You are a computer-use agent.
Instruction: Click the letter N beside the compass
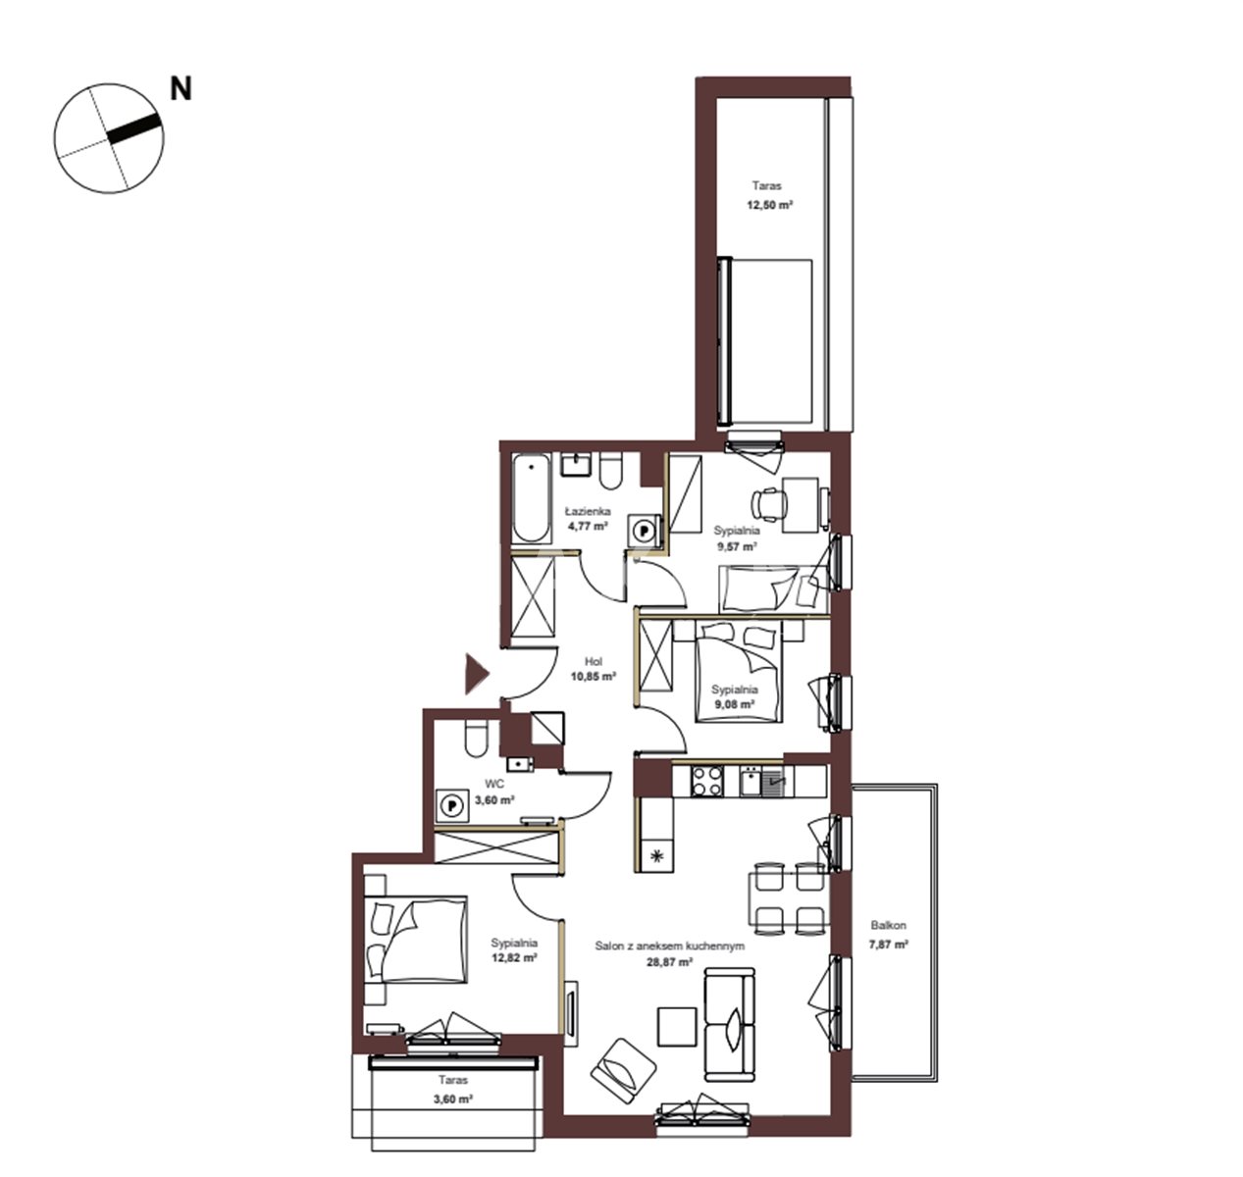(181, 89)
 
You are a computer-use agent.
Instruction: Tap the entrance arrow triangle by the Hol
(477, 674)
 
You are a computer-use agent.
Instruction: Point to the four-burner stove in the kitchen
(707, 781)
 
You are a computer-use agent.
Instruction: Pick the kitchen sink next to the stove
(751, 781)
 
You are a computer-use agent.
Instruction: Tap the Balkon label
(888, 926)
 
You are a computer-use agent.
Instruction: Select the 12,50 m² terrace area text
(770, 205)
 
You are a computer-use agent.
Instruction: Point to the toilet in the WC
(476, 738)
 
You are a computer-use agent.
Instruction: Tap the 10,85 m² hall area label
(594, 676)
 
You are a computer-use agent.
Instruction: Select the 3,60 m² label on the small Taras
(453, 1099)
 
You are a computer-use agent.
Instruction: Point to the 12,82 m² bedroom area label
(514, 957)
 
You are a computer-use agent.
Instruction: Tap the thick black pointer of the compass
(133, 129)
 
